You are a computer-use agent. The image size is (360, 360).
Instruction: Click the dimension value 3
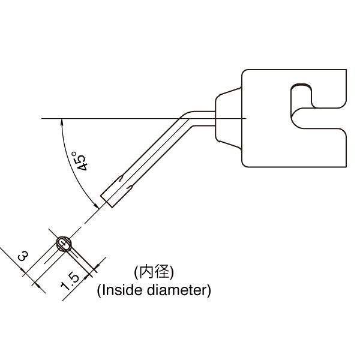click(23, 256)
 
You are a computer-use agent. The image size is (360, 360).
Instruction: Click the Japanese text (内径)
click(154, 272)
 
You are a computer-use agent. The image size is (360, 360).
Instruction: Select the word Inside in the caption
click(121, 290)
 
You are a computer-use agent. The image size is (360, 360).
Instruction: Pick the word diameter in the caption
click(179, 290)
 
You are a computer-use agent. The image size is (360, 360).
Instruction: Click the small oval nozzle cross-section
click(64, 244)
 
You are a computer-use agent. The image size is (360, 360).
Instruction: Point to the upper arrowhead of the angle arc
click(61, 122)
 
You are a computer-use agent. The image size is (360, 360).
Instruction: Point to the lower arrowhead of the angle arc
click(97, 206)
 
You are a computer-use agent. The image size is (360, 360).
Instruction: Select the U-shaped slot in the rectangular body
click(319, 118)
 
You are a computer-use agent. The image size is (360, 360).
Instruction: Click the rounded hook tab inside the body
click(301, 97)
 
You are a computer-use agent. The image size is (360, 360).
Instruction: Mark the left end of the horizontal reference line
click(41, 118)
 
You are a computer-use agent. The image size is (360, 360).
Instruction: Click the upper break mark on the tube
click(121, 178)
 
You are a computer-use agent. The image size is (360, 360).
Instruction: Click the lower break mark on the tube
click(130, 187)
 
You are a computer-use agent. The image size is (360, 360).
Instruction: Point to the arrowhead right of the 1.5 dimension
click(97, 266)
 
